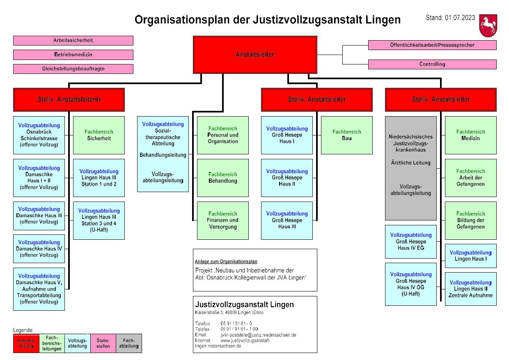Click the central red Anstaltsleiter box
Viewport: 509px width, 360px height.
(255, 55)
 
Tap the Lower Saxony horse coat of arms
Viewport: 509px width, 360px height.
(488, 25)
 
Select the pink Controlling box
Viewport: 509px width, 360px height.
(432, 64)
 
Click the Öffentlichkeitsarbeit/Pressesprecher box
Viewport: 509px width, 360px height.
(432, 45)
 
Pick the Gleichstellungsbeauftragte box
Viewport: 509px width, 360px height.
(73, 69)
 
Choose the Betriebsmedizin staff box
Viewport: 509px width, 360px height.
(73, 55)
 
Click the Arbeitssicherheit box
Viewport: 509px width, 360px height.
(73, 41)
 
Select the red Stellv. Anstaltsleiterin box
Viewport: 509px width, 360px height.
(69, 99)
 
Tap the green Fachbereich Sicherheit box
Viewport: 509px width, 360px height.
(99, 135)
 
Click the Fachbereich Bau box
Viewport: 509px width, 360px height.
(347, 135)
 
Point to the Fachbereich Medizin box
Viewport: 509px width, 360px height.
(470, 135)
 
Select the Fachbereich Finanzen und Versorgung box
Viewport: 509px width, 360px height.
(222, 220)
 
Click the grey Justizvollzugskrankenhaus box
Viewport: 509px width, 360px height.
(410, 168)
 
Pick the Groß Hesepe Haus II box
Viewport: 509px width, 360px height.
(287, 178)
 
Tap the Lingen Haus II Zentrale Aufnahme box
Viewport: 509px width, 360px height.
(470, 289)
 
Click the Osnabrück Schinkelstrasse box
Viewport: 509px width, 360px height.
(39, 135)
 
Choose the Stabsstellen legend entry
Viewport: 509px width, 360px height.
(103, 343)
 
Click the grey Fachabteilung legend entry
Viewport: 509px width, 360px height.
(128, 343)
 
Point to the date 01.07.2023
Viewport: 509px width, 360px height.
(460, 18)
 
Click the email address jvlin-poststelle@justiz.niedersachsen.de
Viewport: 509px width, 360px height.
(258, 335)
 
